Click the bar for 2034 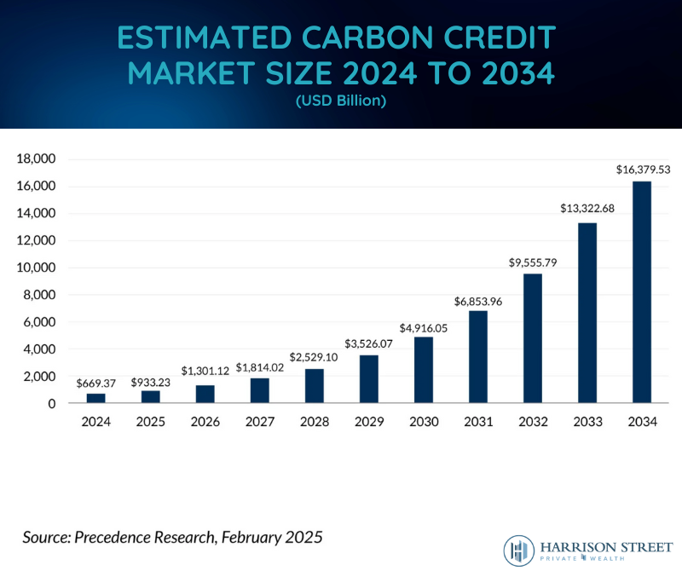[642, 291]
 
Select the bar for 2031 [478, 356]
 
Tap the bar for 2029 [369, 378]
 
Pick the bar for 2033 [587, 312]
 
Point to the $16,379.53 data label [644, 170]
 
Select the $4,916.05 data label [424, 326]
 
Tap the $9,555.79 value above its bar [533, 262]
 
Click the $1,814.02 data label [260, 368]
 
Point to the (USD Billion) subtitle [341, 101]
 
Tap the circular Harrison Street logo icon [518, 549]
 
